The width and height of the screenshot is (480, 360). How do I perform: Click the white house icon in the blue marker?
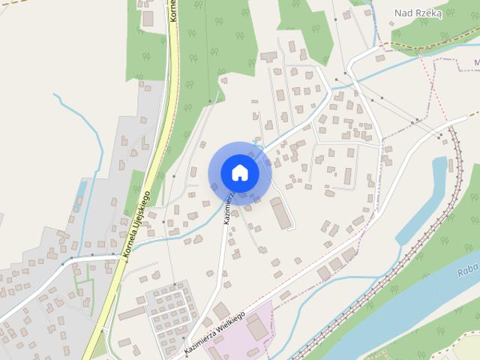[x=239, y=172]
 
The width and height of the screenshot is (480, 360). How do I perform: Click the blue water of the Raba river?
[x=420, y=300]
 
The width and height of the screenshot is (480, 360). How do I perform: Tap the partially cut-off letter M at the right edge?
[x=476, y=62]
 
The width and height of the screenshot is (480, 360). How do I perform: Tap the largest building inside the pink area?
[x=256, y=327]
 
